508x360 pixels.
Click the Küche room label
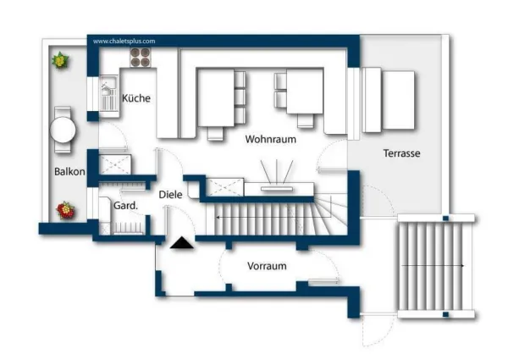(x=136, y=98)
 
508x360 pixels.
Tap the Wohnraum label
(x=271, y=139)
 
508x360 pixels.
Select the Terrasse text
(x=401, y=153)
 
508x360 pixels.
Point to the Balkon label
(x=69, y=172)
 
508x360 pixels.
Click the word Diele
(x=170, y=195)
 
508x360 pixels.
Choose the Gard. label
(x=125, y=206)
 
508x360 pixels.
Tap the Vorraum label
(x=267, y=266)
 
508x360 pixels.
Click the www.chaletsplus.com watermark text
(x=124, y=42)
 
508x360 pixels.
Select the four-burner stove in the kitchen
(x=141, y=58)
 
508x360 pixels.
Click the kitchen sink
(x=109, y=94)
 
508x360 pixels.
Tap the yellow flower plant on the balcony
(x=60, y=60)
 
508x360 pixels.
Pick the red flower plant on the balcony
(x=66, y=211)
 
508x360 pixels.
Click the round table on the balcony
(x=63, y=130)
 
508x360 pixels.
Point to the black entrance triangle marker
(x=182, y=243)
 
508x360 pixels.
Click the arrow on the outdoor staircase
(x=433, y=266)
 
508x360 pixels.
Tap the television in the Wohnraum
(x=277, y=189)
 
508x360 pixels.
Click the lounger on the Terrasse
(x=389, y=100)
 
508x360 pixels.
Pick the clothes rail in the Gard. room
(x=128, y=228)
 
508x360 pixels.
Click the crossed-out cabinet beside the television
(x=225, y=187)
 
